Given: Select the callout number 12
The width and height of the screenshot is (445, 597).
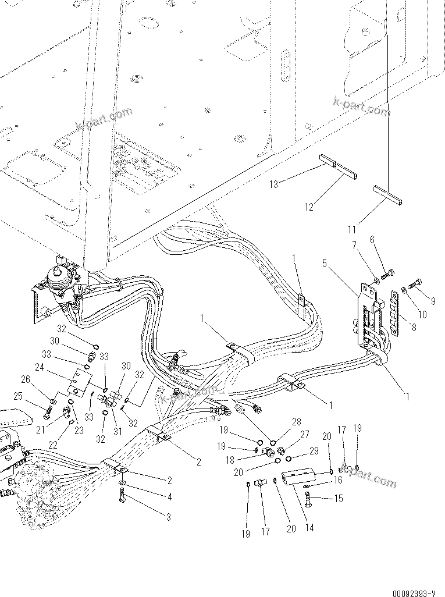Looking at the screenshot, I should (x=309, y=207).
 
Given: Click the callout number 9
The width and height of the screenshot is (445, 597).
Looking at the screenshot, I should (x=433, y=301).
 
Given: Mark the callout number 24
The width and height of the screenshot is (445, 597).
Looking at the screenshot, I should (x=40, y=367).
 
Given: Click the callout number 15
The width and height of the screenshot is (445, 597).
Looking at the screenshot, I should (x=339, y=499).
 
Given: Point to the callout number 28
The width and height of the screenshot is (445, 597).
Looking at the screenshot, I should (x=297, y=421).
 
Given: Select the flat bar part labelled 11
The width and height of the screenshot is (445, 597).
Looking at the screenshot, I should (x=387, y=195).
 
